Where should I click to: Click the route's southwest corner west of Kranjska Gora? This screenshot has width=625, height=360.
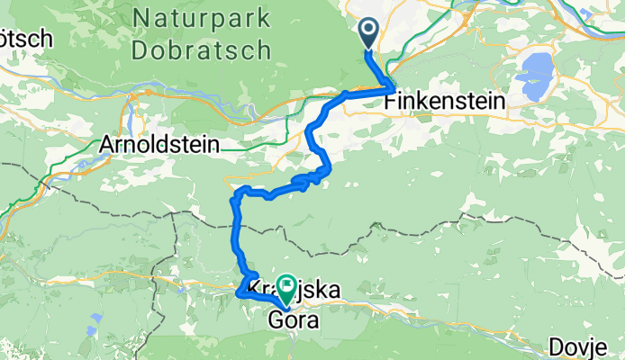[x=239, y=292]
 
